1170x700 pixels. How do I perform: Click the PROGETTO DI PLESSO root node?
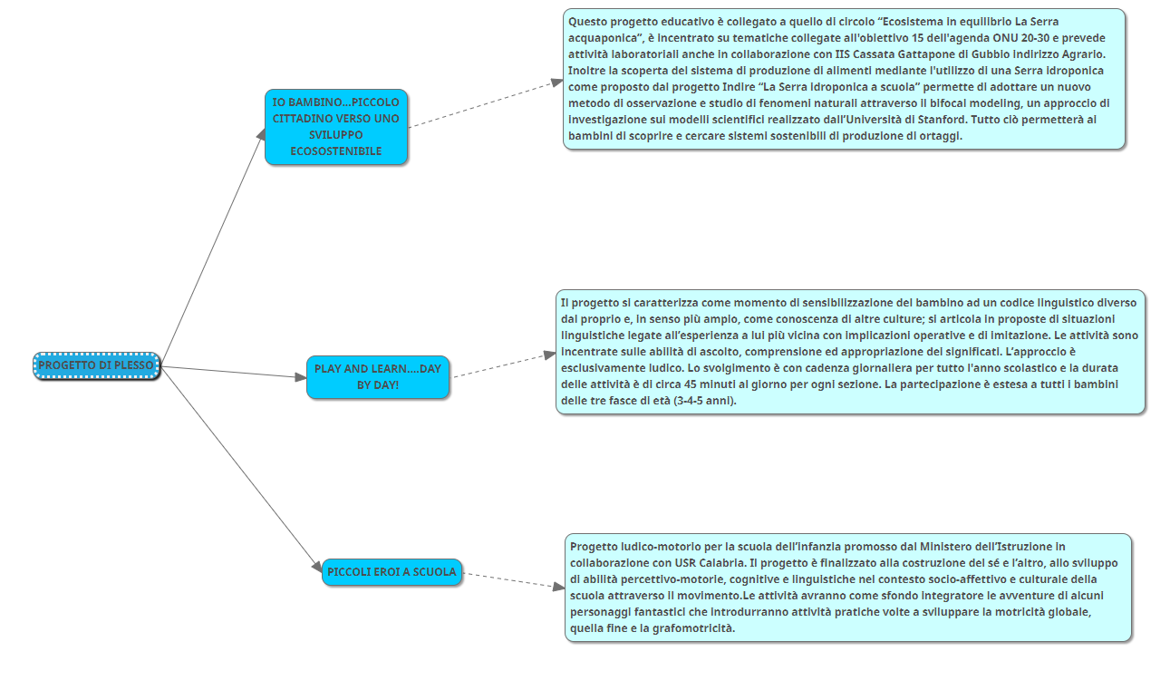[x=97, y=365]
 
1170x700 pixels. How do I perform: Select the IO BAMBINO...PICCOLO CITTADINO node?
[x=336, y=127]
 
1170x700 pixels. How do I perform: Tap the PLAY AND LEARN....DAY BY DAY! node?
[x=378, y=377]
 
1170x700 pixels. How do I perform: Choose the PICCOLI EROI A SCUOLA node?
[x=392, y=572]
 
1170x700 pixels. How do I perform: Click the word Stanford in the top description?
[x=940, y=120]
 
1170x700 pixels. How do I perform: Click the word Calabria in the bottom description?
[x=721, y=563]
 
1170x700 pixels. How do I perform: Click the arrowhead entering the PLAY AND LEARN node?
[x=301, y=377]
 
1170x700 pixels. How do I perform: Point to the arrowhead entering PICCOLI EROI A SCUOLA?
[x=317, y=567]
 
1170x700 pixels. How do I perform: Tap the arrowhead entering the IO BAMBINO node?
[x=261, y=135]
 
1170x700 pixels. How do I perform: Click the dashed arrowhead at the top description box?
[x=557, y=83]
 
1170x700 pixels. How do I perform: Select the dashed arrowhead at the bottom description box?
[x=559, y=587]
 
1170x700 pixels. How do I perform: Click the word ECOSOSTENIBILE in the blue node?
[x=336, y=151]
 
